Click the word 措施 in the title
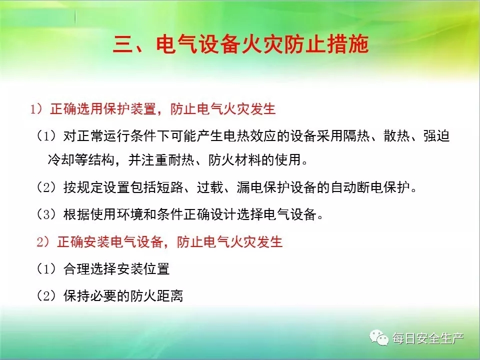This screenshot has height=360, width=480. pyautogui.click(x=348, y=44)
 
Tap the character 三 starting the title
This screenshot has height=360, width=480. pyautogui.click(x=123, y=44)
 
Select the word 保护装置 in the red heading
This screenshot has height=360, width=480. pyautogui.click(x=130, y=108)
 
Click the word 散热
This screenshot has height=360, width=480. pyautogui.click(x=396, y=135)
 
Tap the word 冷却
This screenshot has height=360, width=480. pyautogui.click(x=61, y=159)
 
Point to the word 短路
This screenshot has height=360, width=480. pyautogui.click(x=170, y=187)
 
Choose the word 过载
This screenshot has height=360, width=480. pyautogui.click(x=210, y=187)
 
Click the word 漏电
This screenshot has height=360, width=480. pyautogui.click(x=250, y=187)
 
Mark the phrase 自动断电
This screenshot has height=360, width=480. pyautogui.click(x=357, y=187)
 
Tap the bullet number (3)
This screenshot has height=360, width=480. pyautogui.click(x=46, y=214)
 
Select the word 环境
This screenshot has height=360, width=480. pyautogui.click(x=130, y=214)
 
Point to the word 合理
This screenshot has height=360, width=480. pyautogui.click(x=76, y=269)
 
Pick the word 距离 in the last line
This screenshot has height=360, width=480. pyautogui.click(x=170, y=295)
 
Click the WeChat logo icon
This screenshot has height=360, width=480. pyautogui.click(x=379, y=337)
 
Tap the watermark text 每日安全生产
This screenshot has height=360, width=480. pyautogui.click(x=428, y=338)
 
